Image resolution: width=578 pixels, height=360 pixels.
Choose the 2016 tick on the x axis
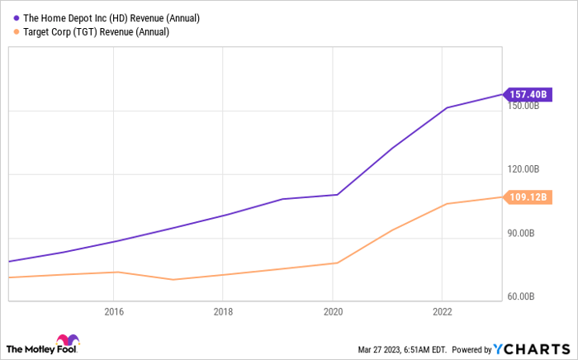[x=113, y=312]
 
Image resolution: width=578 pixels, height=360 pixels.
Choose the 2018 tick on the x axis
[x=223, y=312]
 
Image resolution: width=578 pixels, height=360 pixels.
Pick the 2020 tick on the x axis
[x=333, y=312]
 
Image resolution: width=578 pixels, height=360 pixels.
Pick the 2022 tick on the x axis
[x=443, y=312]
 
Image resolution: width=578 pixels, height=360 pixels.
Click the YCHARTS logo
[x=533, y=348]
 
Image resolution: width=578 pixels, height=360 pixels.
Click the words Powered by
[x=471, y=349]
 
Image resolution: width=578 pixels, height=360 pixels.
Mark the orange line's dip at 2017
[x=172, y=280]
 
